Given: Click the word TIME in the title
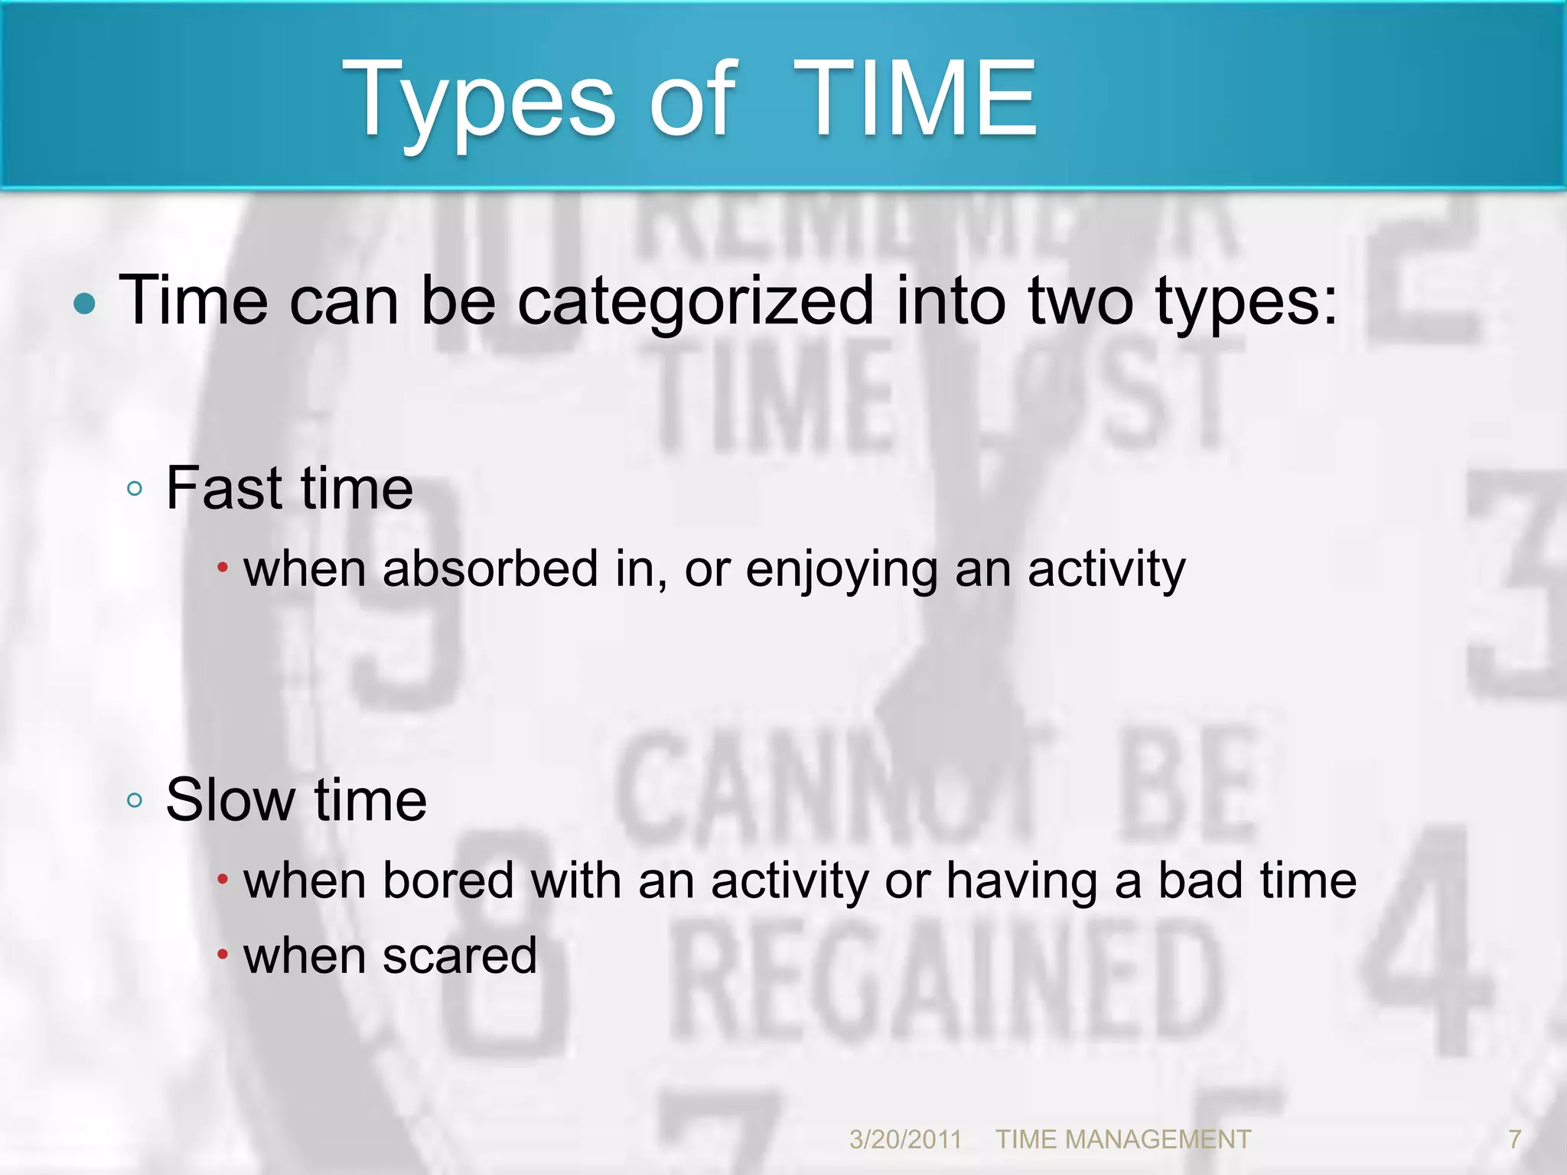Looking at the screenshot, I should tap(914, 99).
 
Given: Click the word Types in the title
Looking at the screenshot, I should tap(478, 103).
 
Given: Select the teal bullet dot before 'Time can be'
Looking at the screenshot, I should tap(85, 304).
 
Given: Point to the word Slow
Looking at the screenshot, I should tap(230, 799).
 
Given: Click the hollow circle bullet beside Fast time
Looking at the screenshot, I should tap(135, 488).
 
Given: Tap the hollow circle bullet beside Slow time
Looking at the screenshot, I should tap(135, 800).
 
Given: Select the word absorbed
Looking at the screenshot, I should tap(490, 569).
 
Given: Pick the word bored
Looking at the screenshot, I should tap(448, 880).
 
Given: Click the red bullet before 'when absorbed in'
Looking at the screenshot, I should tap(222, 568).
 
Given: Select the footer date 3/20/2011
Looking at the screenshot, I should tap(905, 1140).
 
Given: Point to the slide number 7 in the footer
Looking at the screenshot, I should tap(1514, 1140).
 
